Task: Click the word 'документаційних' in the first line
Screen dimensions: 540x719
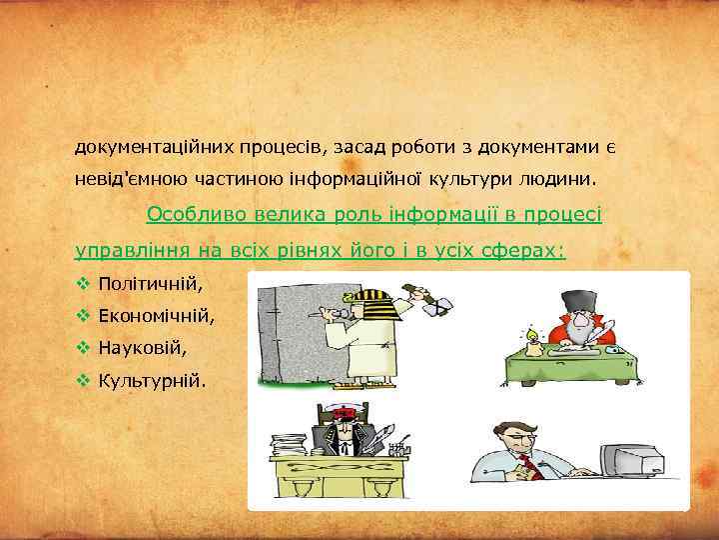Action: click(155, 148)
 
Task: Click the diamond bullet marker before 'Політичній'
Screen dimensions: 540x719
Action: click(83, 283)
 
